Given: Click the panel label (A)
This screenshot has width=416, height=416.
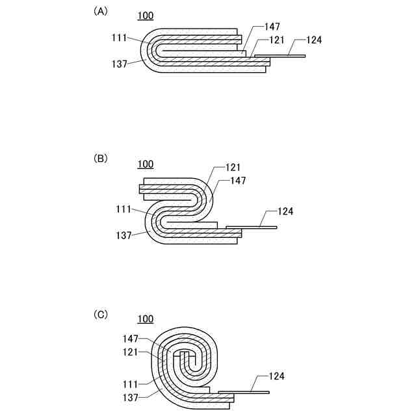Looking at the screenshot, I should pos(101,11).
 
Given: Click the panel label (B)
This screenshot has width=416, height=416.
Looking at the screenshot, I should pos(101,159).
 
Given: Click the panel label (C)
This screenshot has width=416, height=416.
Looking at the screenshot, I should pos(101,315).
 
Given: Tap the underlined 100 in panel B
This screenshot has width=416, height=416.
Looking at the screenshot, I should pos(146,164).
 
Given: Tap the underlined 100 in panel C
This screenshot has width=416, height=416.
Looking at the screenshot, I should pos(146,318).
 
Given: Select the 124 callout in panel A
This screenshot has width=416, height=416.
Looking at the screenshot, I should pos(313,40).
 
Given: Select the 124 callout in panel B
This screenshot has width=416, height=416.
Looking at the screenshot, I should pos(285,211).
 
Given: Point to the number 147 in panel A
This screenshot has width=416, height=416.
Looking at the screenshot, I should pos(273,27).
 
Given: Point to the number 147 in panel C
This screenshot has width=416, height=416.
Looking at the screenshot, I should pos(131,339).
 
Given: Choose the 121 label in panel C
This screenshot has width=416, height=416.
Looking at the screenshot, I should pos(131,352).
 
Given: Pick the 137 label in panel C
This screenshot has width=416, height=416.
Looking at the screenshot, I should pos(131,395).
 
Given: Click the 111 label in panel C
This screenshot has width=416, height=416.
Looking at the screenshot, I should pos(131,383).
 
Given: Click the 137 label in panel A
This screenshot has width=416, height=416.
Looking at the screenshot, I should pos(120,64).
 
